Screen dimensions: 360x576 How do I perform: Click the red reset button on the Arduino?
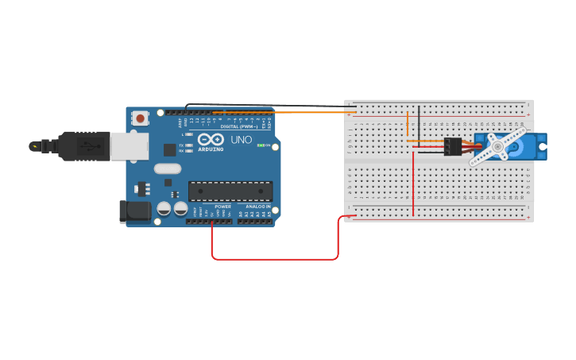point(141,118)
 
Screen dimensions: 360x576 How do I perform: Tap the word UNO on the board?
point(241,140)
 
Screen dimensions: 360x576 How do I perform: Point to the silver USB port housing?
point(129,145)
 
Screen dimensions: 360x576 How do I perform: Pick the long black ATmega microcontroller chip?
point(230,191)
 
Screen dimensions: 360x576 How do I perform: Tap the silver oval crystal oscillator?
point(168,168)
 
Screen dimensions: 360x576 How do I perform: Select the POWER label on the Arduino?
point(222,207)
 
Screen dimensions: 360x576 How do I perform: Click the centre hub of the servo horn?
point(497,146)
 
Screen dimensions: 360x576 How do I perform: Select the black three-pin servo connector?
point(453,147)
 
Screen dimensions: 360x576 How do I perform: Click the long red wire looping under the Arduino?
point(274,258)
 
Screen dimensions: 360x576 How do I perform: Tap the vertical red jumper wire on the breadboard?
point(413,183)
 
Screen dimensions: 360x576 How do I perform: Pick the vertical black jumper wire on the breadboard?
point(419,127)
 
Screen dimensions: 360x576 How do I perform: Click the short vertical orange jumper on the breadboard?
point(408,126)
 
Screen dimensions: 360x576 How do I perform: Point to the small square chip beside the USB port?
point(169,149)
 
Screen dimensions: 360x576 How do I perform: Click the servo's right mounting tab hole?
point(542,146)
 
